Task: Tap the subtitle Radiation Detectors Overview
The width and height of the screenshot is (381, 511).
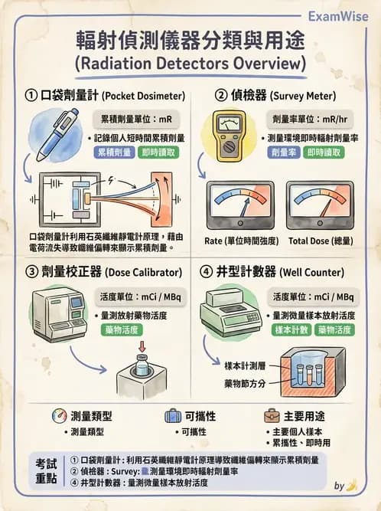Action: tap(190, 61)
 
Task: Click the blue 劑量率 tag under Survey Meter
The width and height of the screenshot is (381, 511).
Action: tap(285, 152)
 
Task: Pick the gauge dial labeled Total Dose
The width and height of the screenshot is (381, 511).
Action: tap(320, 205)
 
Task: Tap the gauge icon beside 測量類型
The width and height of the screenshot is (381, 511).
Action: tap(59, 416)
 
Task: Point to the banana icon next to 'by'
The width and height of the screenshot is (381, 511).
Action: tap(351, 485)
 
